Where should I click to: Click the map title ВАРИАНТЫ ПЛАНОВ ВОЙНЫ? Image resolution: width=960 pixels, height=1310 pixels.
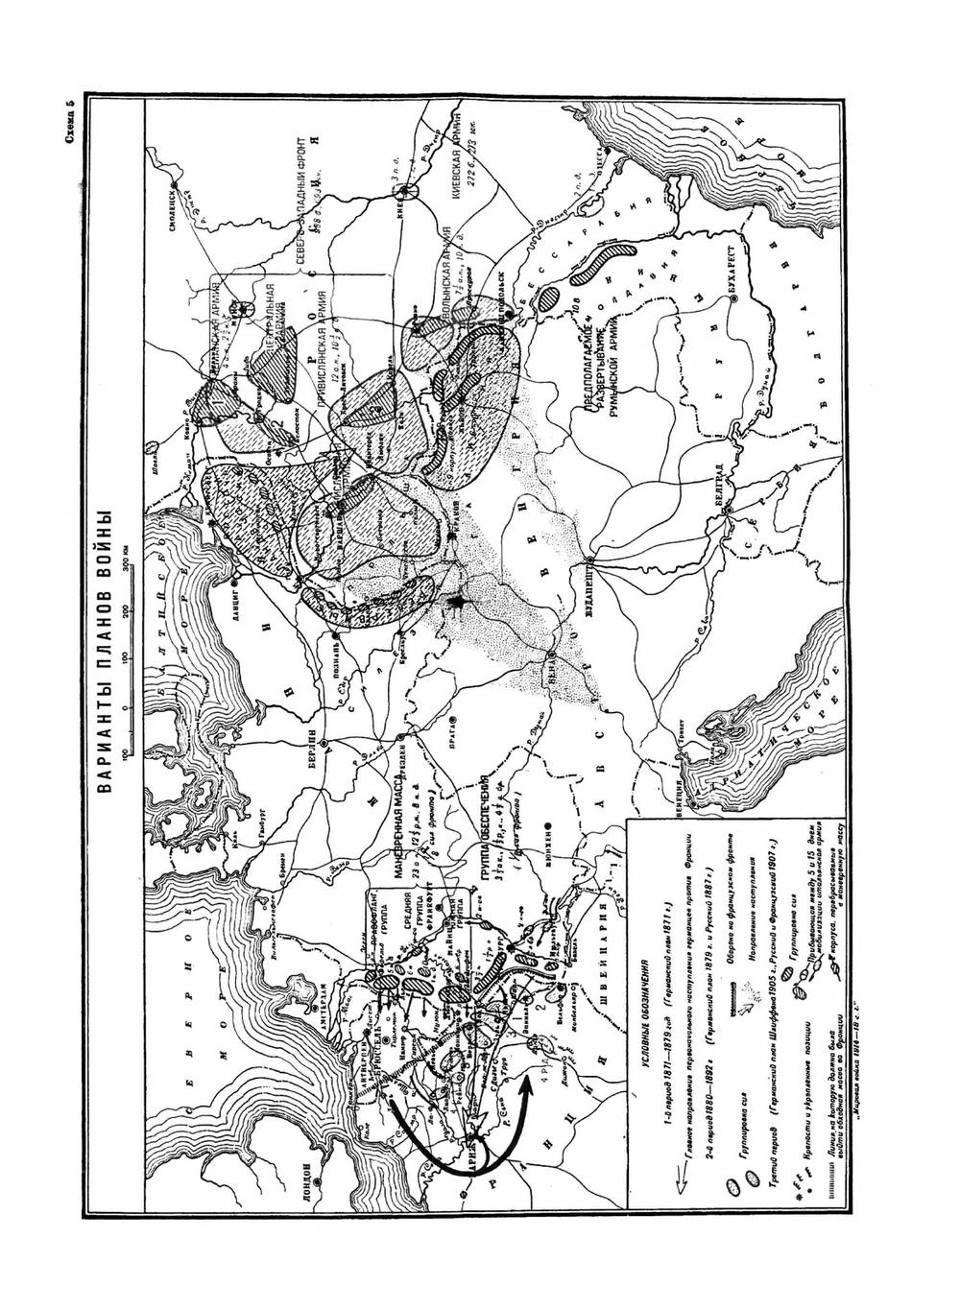(106, 654)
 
